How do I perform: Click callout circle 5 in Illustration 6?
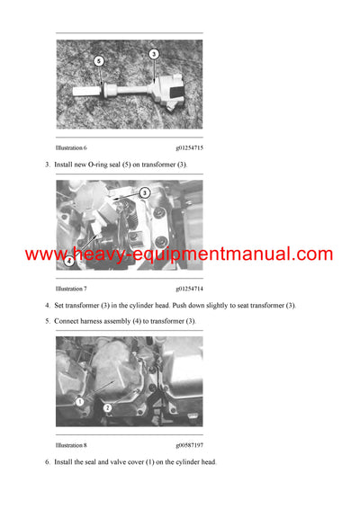[x=100, y=61]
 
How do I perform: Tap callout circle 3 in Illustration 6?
[x=154, y=54]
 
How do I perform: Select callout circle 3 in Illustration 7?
[x=144, y=193]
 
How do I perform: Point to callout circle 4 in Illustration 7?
[x=70, y=262]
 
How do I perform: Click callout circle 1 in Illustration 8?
[x=79, y=400]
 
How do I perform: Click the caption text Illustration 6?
[x=72, y=147]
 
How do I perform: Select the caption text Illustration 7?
[x=72, y=288]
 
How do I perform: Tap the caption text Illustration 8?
[x=72, y=444]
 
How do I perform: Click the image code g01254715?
[x=189, y=147]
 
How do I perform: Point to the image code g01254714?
[x=189, y=288]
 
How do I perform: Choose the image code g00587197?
[x=189, y=444]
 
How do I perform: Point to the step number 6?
[x=47, y=462]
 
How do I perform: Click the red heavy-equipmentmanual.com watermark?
[x=179, y=254]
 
